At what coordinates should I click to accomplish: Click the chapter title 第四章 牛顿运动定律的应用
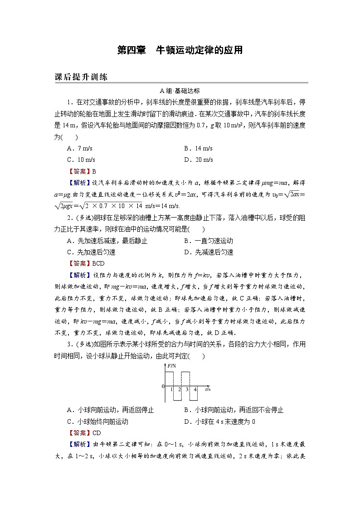tap(180, 50)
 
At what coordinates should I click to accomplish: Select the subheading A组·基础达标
tap(180, 90)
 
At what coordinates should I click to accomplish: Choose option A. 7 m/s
tap(80, 149)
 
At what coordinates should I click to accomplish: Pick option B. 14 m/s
tap(198, 149)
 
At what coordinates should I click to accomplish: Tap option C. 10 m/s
tap(81, 160)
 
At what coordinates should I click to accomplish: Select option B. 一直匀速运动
tap(208, 241)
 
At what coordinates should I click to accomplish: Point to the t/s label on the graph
tap(207, 389)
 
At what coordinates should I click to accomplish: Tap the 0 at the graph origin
tap(163, 386)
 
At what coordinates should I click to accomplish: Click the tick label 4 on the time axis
tap(195, 389)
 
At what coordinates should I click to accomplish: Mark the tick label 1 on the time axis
tap(171, 389)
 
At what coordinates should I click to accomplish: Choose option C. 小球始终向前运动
tap(97, 422)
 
